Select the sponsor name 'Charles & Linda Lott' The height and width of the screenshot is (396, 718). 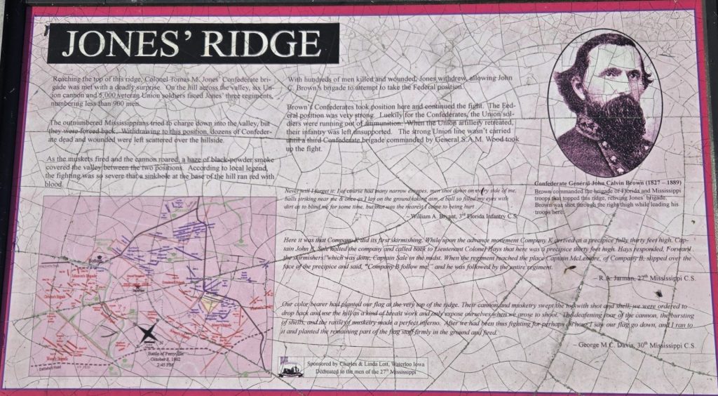(x=368, y=365)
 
